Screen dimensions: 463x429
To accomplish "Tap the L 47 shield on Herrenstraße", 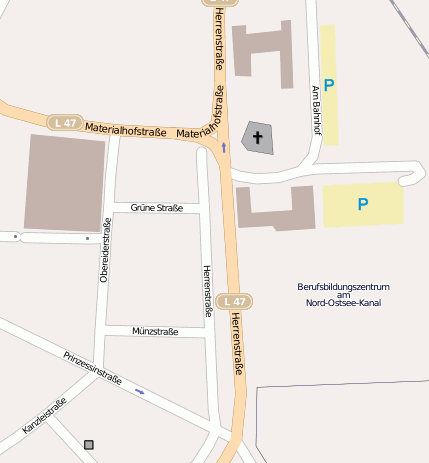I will (234, 301).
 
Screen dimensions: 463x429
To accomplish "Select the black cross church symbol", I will (257, 138).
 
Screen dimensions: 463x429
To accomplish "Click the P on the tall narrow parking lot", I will (329, 86).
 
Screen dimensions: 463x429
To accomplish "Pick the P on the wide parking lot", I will (362, 204).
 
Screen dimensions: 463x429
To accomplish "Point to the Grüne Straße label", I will (156, 209).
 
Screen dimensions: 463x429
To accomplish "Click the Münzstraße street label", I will (155, 331).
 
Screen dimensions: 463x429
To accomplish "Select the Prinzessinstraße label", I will (92, 368).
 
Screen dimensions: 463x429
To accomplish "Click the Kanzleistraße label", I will (44, 419).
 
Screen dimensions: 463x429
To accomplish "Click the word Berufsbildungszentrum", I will (343, 287).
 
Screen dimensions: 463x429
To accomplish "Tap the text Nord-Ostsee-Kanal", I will (343, 303).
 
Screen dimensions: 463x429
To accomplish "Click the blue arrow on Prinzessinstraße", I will (140, 392).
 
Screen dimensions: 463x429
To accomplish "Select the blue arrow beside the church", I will (224, 147).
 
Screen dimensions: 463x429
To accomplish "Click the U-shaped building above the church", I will (263, 50).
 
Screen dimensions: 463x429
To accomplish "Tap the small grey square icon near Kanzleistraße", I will (89, 444).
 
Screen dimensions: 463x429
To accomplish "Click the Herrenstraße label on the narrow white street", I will (207, 291).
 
